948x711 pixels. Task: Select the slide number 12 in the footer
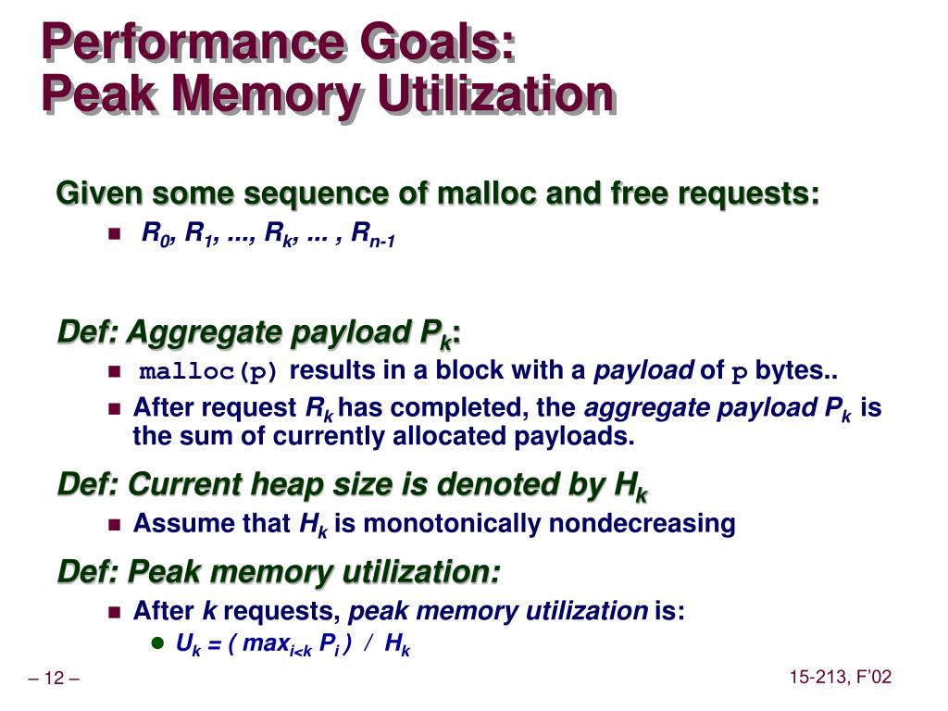pos(54,678)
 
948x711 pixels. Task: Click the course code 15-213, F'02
pos(841,677)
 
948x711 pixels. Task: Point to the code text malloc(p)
pos(208,371)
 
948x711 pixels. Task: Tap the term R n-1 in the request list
pos(373,234)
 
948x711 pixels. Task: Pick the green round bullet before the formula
pos(157,642)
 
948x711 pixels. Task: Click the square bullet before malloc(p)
pos(115,370)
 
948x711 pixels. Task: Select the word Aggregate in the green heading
pos(205,333)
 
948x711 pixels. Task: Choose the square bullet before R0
pos(115,233)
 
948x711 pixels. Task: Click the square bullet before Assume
pos(115,524)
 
